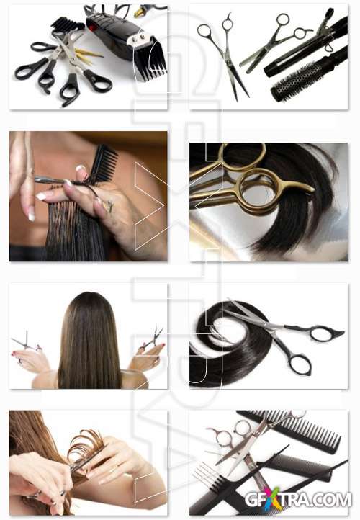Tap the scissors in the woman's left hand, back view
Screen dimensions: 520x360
(27, 341)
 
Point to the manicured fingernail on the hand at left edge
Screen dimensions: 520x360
(32, 216)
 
